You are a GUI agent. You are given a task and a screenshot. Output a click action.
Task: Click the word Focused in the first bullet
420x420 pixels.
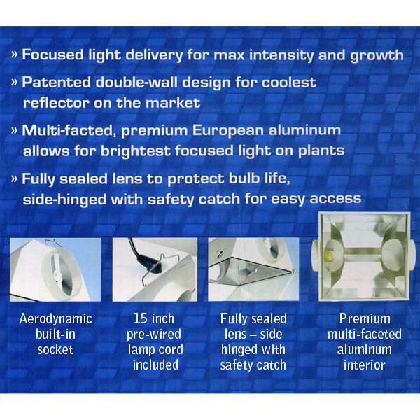tap(52, 55)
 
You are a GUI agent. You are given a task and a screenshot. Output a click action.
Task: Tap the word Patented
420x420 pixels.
tap(56, 82)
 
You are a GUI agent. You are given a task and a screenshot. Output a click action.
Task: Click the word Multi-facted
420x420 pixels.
tap(69, 130)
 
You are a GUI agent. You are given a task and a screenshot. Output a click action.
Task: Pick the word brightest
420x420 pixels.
tap(135, 150)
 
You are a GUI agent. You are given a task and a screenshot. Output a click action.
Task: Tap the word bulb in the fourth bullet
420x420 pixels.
tap(244, 178)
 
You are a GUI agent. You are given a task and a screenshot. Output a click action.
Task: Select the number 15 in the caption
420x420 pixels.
tap(141, 318)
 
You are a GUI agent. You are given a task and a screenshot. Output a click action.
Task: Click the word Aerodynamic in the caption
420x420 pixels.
tap(56, 319)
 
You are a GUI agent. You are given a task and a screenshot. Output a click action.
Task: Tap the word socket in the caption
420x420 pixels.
tap(55, 349)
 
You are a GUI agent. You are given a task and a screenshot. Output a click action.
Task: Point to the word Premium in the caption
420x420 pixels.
tap(365, 318)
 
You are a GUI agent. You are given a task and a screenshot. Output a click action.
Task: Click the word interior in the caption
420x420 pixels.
tap(365, 365)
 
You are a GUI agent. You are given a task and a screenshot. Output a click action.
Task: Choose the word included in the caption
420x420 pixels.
tap(155, 365)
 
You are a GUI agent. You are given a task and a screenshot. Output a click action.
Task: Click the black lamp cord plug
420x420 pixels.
tap(151, 264)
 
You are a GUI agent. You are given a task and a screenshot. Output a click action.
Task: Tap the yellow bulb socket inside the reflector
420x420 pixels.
tap(329, 256)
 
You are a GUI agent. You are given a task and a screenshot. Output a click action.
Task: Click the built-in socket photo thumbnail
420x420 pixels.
tap(55, 269)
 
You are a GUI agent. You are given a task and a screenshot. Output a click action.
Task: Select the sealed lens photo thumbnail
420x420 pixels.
tap(253, 269)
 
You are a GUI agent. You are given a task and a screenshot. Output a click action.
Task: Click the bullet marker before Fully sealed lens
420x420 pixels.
tap(14, 178)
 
